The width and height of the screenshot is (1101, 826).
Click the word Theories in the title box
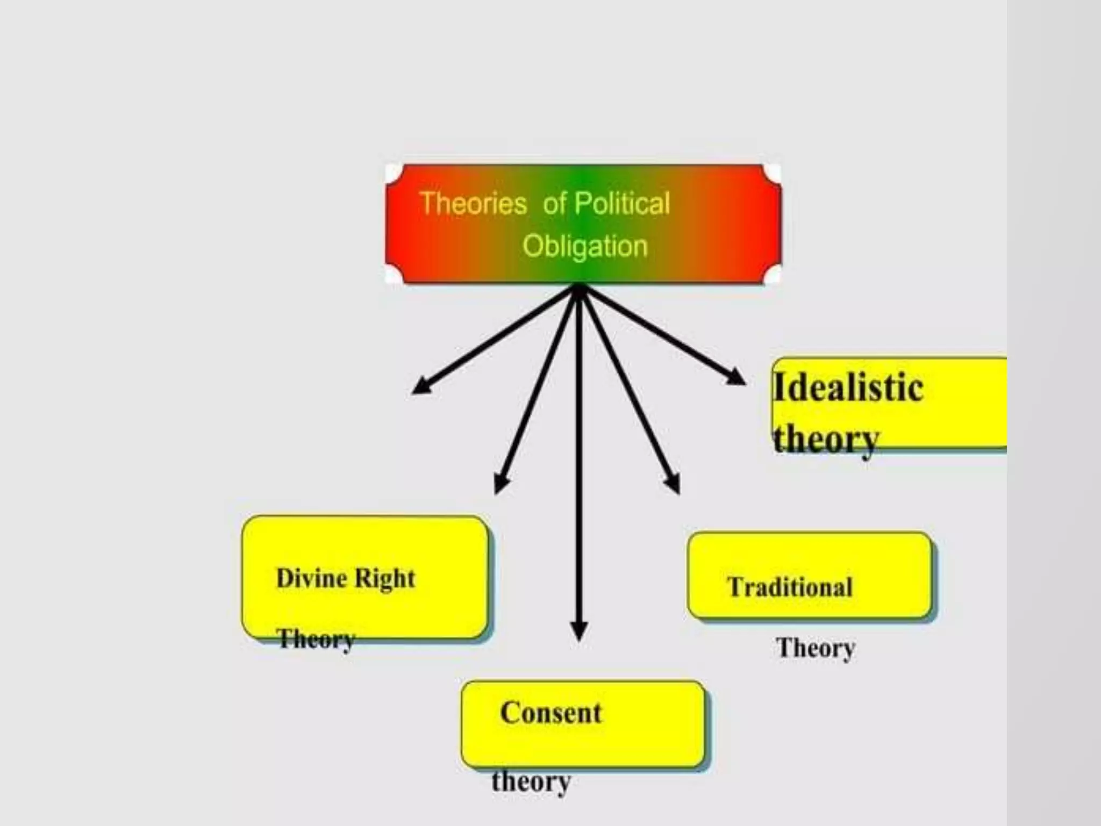coord(473,204)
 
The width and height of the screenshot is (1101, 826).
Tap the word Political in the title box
coord(622,204)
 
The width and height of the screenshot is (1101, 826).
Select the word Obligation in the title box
coord(585,247)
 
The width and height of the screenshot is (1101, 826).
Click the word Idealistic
coord(848,387)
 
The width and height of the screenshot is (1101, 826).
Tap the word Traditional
coord(790,587)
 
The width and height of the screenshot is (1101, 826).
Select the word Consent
coord(550,713)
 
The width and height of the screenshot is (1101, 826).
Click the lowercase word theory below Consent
coord(531,781)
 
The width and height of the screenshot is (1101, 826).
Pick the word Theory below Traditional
coord(815,648)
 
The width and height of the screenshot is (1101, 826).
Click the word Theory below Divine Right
coord(316,639)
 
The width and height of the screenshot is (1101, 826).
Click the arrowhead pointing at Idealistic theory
coord(737,377)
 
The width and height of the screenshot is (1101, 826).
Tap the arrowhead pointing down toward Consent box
coord(578,631)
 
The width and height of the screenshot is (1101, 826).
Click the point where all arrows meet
coord(578,289)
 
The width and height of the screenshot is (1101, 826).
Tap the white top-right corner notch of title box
coord(773,173)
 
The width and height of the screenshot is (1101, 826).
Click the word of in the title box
coord(554,204)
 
